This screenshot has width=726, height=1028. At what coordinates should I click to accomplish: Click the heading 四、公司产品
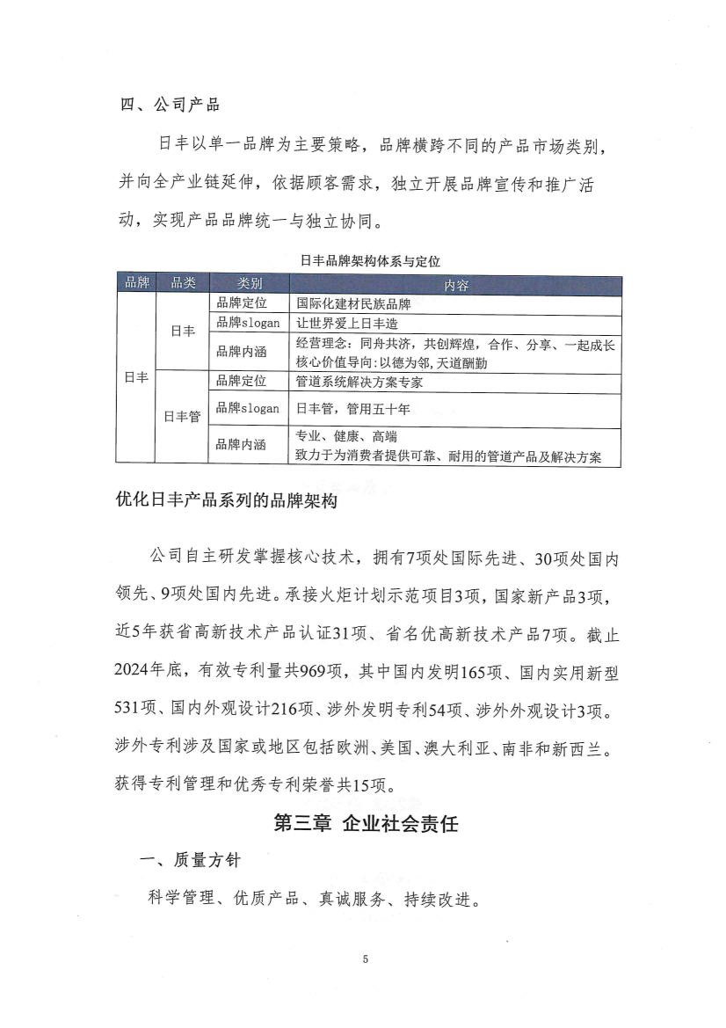tap(170, 106)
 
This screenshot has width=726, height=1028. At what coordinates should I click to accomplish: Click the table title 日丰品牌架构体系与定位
tap(369, 260)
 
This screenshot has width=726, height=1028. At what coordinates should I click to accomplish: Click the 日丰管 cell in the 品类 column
tap(183, 418)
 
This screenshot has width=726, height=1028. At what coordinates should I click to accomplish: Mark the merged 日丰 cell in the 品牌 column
tap(136, 377)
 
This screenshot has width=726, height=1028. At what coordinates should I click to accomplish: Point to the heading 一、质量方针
tap(189, 862)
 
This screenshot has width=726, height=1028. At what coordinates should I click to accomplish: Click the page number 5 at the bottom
tap(364, 959)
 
